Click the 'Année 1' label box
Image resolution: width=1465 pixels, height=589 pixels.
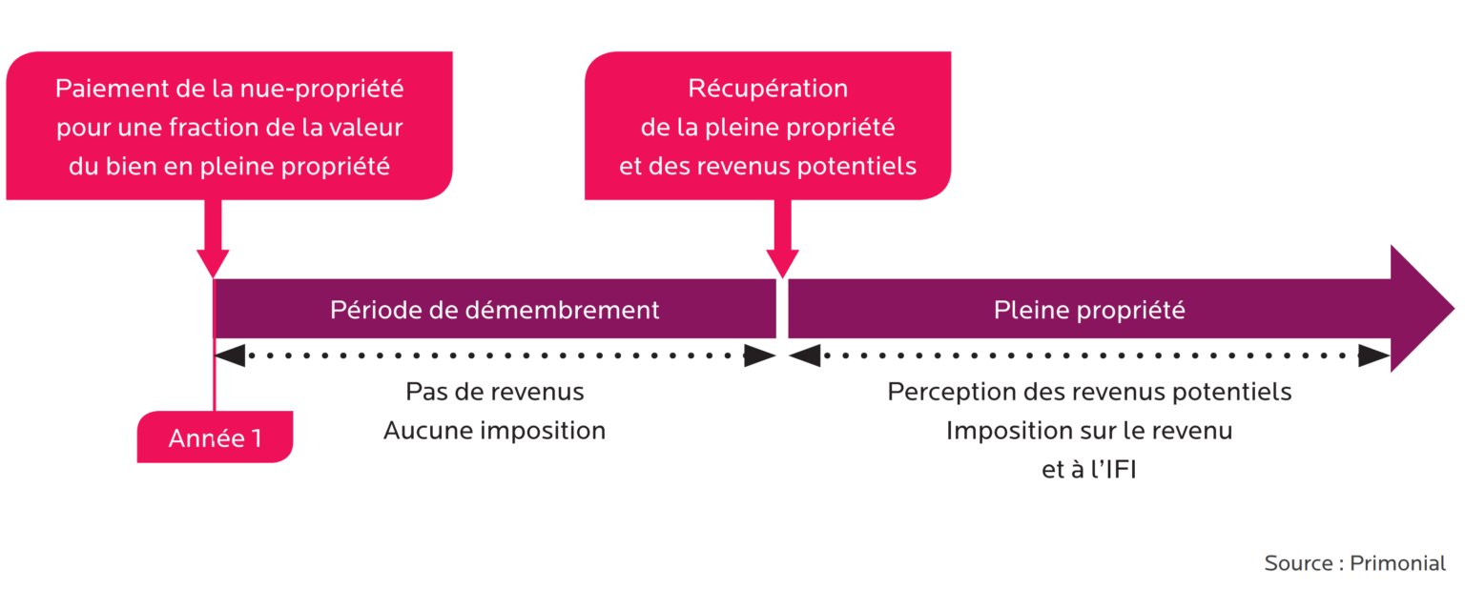click(215, 437)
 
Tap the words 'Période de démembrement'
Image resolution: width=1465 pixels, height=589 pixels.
click(494, 310)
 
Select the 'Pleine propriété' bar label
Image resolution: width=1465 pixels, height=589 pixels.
click(1089, 310)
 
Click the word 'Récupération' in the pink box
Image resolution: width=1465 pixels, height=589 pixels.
click(768, 89)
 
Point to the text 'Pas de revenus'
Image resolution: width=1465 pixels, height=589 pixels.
click(494, 392)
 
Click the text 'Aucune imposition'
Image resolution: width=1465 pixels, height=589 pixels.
click(494, 431)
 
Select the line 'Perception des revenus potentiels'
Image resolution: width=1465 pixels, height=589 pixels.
click(1089, 392)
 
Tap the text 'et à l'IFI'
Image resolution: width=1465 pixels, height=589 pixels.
click(1089, 469)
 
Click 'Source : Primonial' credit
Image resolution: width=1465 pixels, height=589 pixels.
click(1354, 562)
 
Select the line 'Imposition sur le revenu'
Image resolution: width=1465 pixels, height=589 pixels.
click(1089, 431)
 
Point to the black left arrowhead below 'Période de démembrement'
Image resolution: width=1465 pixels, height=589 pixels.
click(231, 355)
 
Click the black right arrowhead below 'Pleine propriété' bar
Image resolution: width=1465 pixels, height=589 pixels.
click(1374, 355)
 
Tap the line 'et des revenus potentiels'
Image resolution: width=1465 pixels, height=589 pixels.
click(768, 166)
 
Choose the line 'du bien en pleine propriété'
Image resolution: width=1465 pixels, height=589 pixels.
click(229, 166)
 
